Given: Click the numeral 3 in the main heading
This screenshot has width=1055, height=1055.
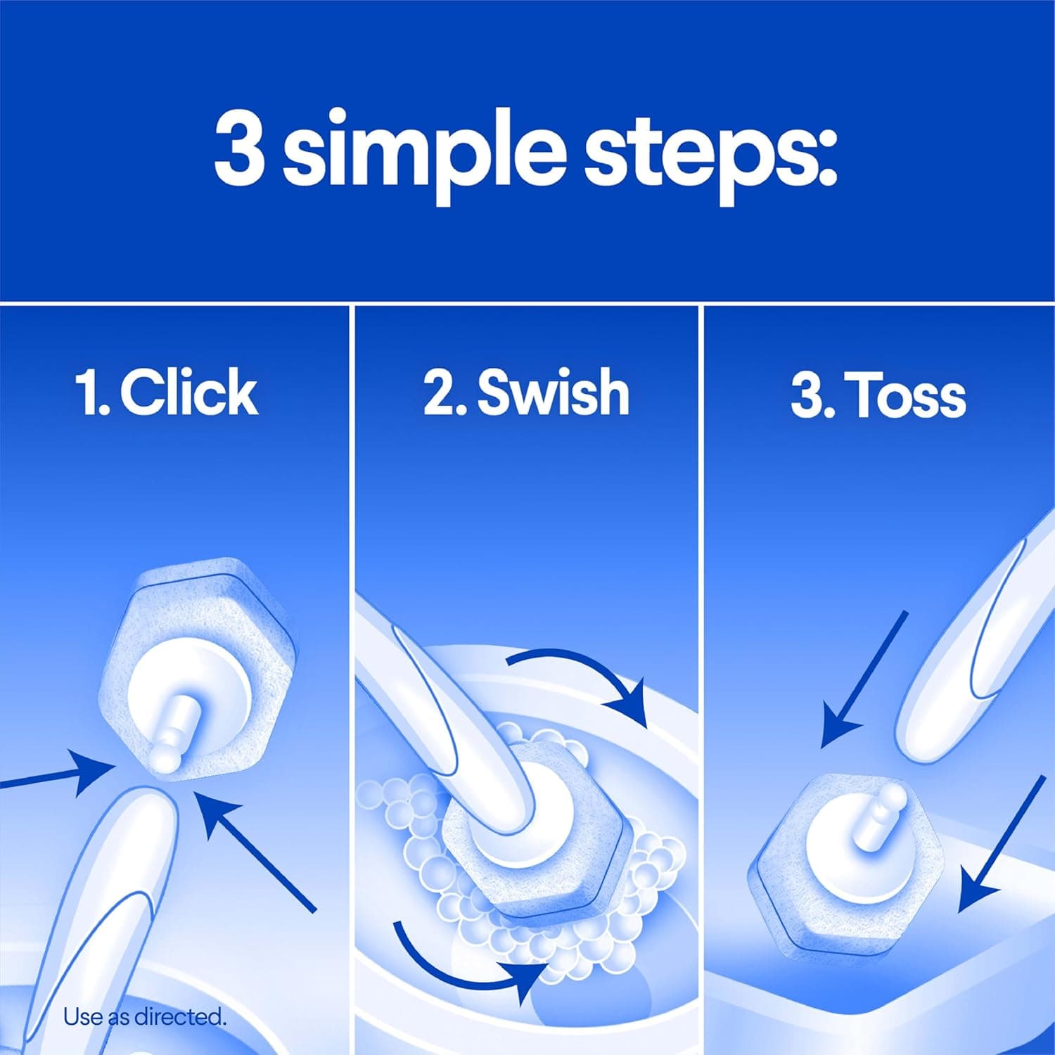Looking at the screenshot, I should coord(239,148).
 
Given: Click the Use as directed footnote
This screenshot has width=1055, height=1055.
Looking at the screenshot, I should coord(145,1016).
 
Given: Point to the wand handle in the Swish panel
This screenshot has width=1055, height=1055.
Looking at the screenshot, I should coord(450,689).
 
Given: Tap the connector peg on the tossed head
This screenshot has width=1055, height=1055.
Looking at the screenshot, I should coord(883,809).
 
